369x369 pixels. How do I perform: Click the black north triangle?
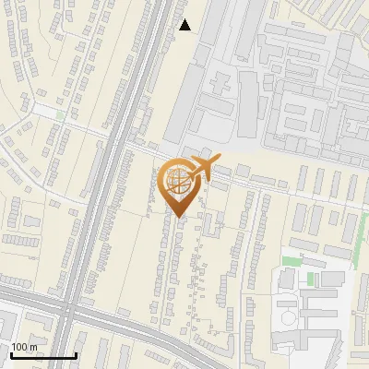[x=185, y=25]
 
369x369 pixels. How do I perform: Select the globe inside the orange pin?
[x=176, y=181]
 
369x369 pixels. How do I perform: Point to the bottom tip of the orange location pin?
[x=177, y=217]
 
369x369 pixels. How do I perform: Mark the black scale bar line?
[x=42, y=356]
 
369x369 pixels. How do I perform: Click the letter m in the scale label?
[x=34, y=346]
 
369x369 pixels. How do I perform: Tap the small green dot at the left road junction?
[x=59, y=115]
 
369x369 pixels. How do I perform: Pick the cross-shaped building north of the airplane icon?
[x=221, y=85]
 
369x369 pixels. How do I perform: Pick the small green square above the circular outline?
[x=312, y=278]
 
